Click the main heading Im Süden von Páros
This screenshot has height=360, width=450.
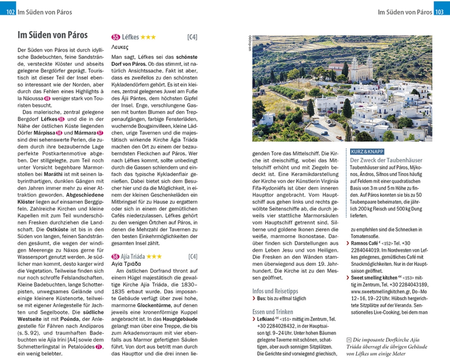(52, 35)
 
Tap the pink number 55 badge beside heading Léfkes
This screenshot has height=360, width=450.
(115, 37)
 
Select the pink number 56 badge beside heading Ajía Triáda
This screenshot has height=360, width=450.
(115, 257)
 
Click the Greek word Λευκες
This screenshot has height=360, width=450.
(120, 47)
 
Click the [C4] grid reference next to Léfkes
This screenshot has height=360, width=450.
(192, 37)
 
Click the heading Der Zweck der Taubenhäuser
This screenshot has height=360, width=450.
(386, 160)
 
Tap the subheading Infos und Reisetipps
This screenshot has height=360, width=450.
(275, 291)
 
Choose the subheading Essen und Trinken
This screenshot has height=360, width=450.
(273, 312)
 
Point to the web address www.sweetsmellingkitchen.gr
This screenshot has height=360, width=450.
(387, 292)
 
